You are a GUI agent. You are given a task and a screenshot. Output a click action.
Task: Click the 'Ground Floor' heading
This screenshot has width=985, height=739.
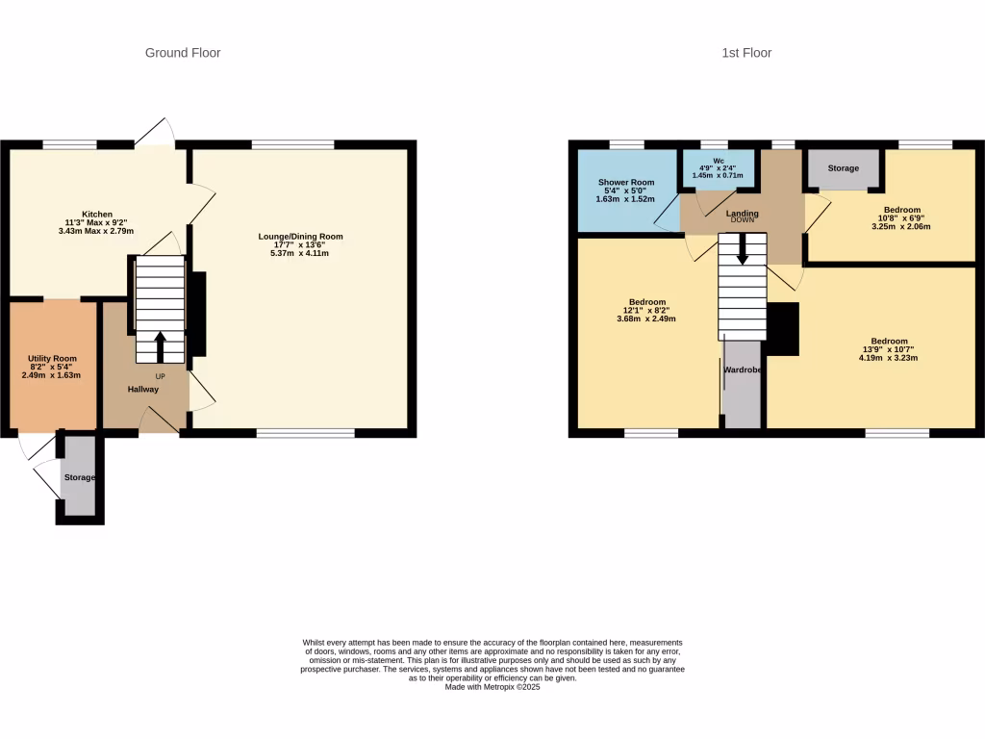tap(183, 53)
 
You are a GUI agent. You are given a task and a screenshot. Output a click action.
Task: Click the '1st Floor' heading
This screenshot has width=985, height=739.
tap(746, 53)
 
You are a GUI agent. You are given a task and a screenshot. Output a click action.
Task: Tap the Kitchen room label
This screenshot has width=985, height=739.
tap(97, 215)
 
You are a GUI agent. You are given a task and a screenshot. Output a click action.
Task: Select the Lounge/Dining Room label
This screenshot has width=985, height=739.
tap(300, 237)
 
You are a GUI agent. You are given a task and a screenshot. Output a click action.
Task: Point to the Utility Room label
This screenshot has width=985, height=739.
tap(52, 359)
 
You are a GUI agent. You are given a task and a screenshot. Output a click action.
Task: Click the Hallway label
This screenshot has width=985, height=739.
tap(143, 390)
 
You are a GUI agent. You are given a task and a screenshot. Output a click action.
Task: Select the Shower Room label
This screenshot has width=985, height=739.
tap(626, 182)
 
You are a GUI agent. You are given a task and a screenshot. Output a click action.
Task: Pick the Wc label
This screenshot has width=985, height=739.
tap(718, 161)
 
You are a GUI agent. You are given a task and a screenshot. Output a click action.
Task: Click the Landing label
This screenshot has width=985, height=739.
tap(742, 214)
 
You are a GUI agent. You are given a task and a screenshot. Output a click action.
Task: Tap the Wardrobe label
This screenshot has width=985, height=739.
tap(743, 369)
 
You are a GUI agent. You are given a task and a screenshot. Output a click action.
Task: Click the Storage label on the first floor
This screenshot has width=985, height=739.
tap(844, 168)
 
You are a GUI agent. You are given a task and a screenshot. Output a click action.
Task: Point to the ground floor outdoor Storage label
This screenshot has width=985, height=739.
tap(80, 477)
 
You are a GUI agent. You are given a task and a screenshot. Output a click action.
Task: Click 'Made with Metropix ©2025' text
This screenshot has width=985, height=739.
tap(492, 687)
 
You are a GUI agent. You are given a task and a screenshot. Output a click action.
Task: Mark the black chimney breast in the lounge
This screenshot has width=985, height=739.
tap(198, 315)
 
